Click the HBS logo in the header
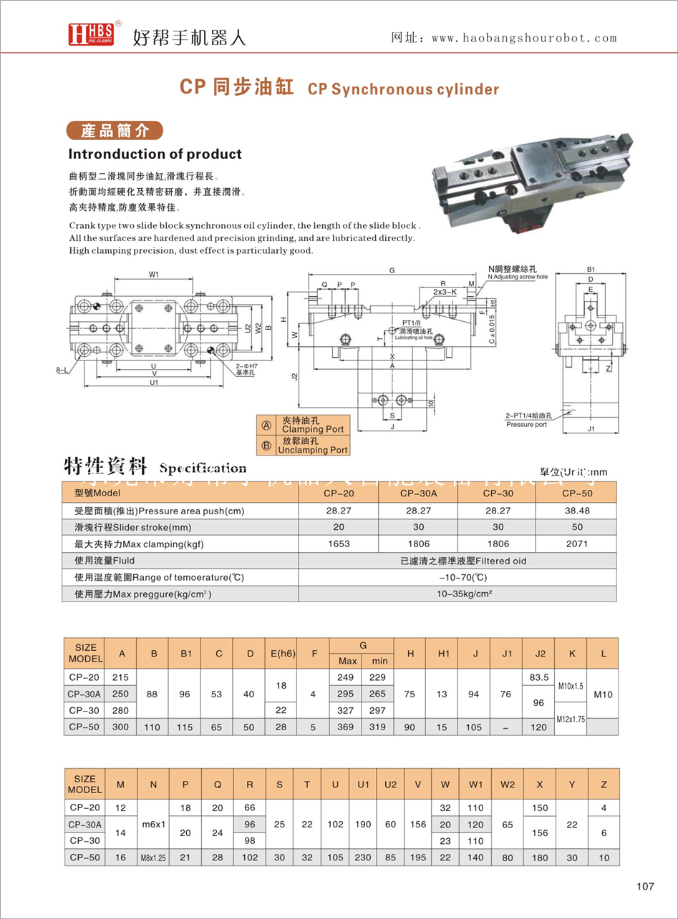tap(89, 34)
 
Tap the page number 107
tap(645, 886)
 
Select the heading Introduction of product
tap(155, 154)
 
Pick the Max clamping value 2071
tap(576, 544)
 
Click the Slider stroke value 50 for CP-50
tap(576, 527)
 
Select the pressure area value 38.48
tap(576, 511)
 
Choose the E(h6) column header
tap(281, 653)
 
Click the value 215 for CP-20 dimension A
tap(122, 677)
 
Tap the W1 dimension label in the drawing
tap(154, 274)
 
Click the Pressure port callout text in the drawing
tap(526, 424)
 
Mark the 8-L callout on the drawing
tap(63, 370)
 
